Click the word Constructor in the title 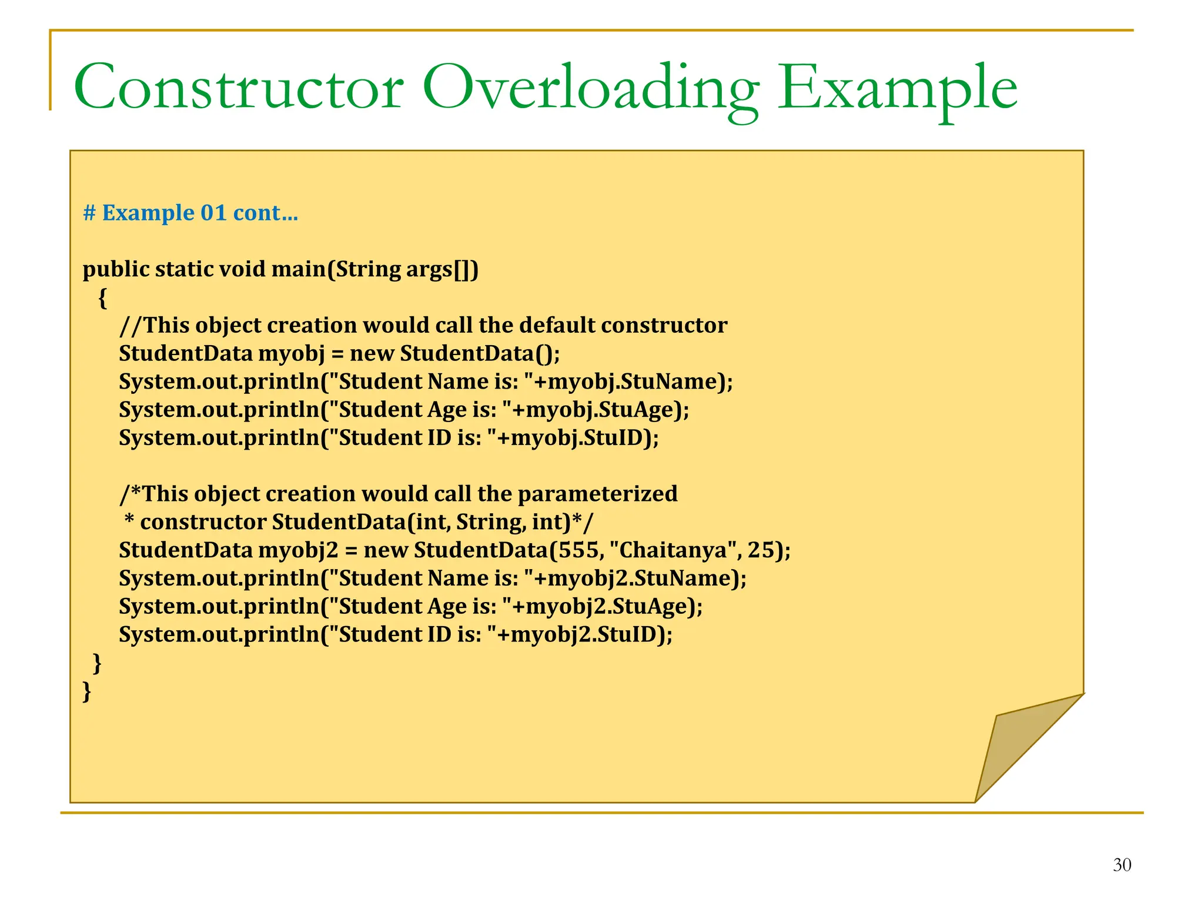(238, 88)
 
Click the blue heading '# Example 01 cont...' (190, 213)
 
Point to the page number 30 (1122, 865)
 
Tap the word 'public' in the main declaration (116, 269)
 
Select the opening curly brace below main (103, 298)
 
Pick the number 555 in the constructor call (578, 550)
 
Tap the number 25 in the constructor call (761, 550)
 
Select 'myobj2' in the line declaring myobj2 (298, 550)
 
